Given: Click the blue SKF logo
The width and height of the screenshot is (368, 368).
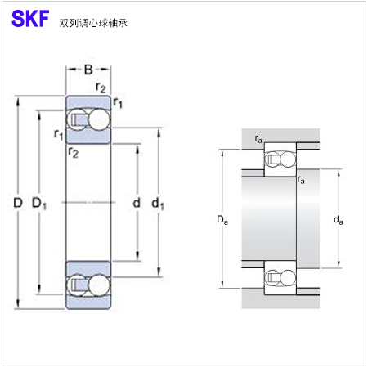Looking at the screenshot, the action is click(30, 19).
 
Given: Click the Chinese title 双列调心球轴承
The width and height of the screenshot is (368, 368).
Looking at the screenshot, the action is click(93, 23).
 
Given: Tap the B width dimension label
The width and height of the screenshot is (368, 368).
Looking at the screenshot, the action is click(88, 70).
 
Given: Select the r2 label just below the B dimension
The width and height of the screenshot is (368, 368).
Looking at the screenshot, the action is click(101, 88).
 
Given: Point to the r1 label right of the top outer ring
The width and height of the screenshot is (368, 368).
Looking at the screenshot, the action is click(118, 103).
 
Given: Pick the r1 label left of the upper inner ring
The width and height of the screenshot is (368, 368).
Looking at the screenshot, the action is click(59, 134).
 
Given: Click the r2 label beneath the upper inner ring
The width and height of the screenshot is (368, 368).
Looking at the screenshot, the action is click(73, 152).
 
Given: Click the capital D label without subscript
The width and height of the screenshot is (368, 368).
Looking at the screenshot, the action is click(18, 203).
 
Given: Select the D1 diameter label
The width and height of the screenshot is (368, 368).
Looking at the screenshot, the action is click(39, 204).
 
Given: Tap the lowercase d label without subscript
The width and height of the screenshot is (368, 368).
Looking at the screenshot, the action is click(137, 203).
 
